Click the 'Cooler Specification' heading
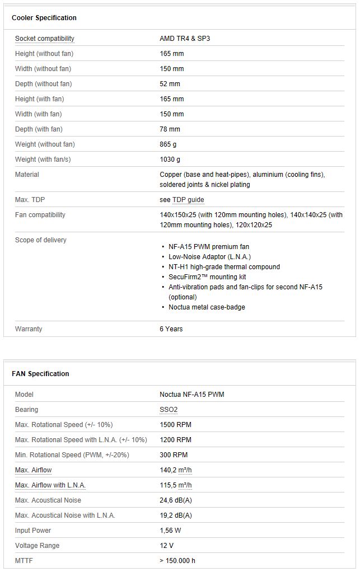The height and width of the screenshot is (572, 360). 44,18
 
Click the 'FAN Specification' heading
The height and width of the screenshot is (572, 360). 40,374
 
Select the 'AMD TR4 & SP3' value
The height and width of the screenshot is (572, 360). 185,39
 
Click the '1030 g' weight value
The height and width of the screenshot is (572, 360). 170,160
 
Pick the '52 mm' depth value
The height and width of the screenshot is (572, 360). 170,84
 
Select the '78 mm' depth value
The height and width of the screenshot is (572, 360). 170,129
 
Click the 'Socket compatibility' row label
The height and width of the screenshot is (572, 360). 45,39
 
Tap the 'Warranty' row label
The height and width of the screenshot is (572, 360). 29,329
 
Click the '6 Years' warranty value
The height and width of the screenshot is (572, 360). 171,329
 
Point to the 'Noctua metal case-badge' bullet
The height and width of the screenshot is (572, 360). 207,307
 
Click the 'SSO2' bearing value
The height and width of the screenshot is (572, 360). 169,410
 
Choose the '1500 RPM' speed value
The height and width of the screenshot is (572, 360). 175,425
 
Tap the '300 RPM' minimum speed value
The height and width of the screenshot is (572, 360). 174,455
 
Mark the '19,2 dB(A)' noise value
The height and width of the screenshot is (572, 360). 176,515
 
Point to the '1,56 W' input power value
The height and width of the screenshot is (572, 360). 171,531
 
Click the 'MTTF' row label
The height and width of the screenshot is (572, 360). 24,561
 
